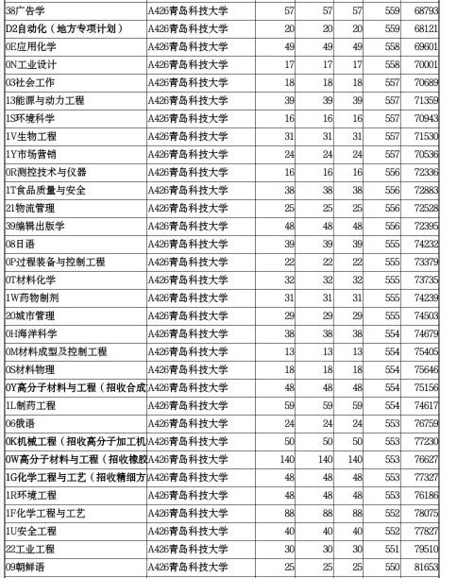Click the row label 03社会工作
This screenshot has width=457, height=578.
click(x=29, y=81)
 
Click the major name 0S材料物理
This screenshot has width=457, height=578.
click(x=31, y=369)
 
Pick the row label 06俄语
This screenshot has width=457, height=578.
click(x=23, y=423)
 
